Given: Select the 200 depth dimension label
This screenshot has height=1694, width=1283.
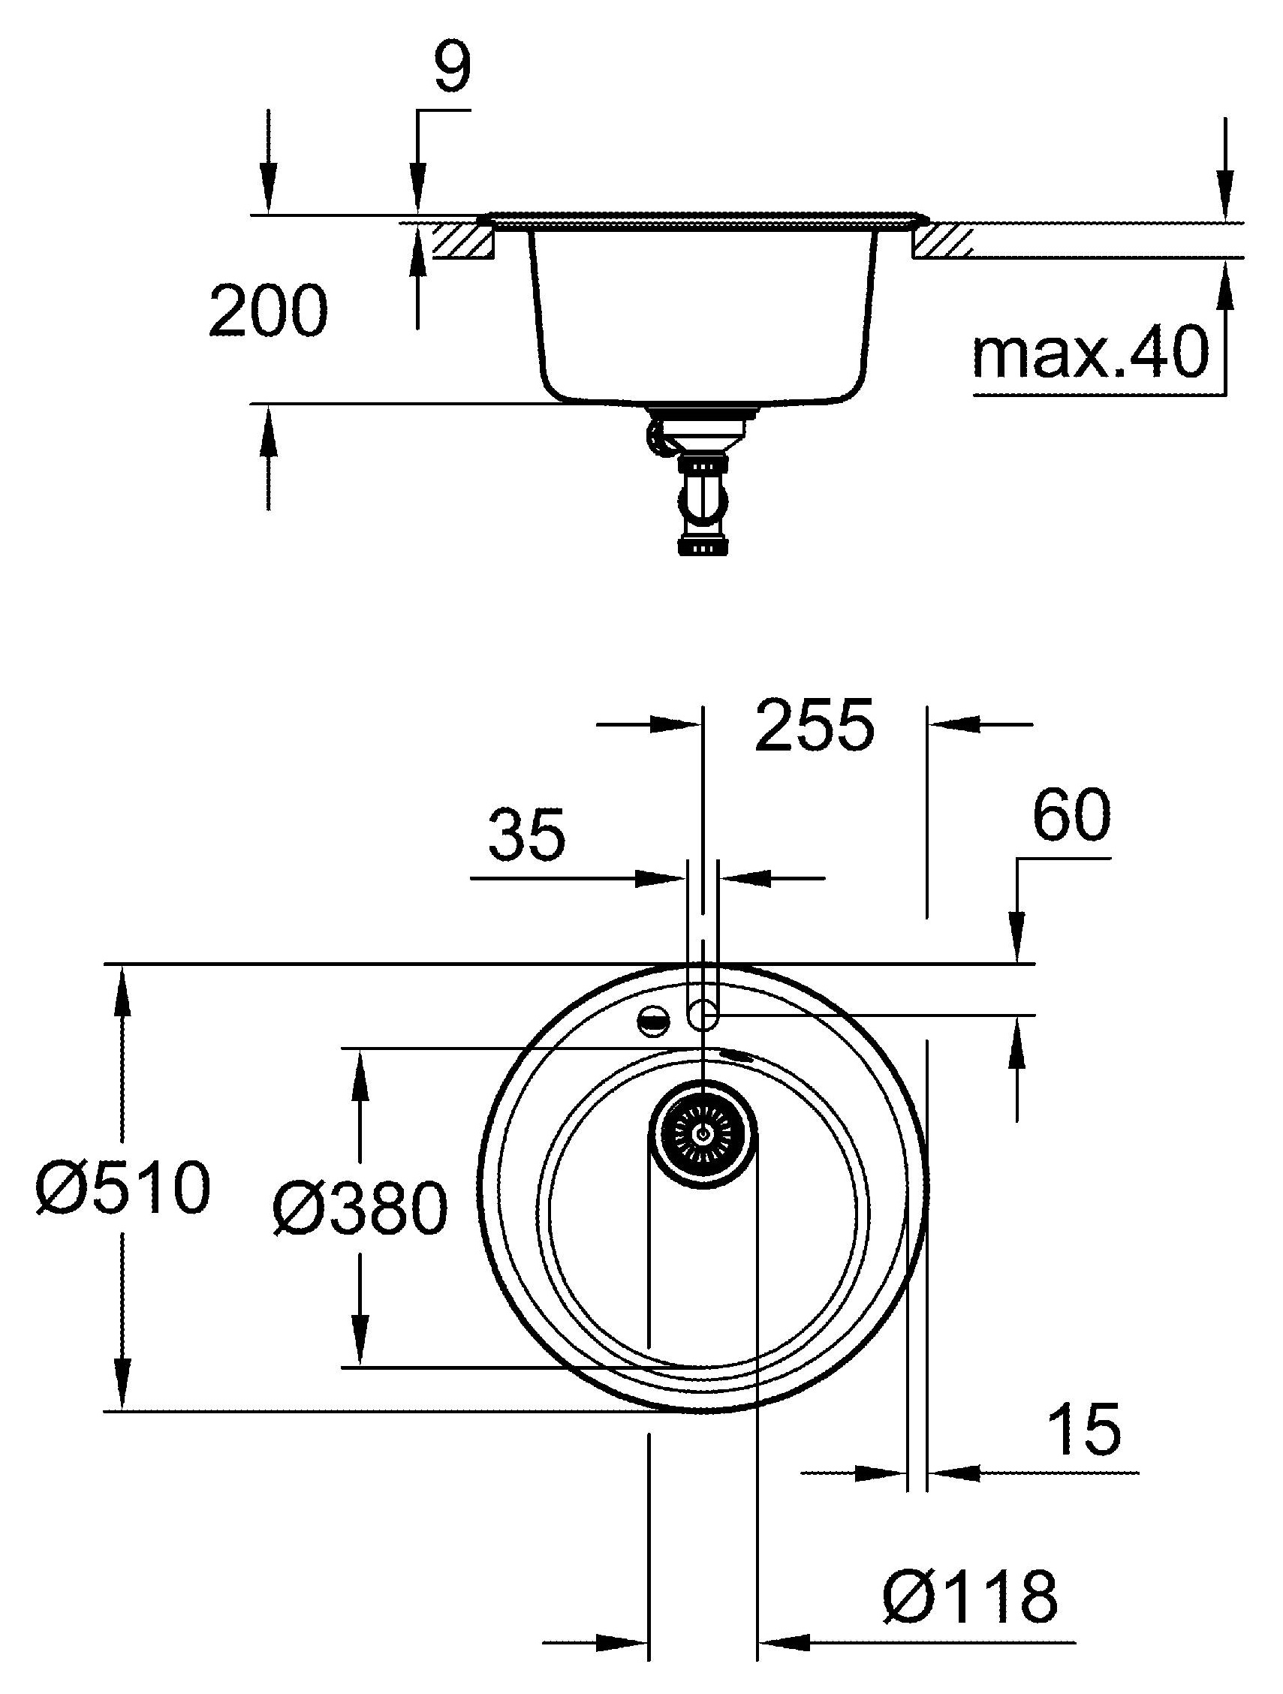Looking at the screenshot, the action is click(x=268, y=310).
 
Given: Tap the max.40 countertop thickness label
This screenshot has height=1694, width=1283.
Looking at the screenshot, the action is click(x=1090, y=352).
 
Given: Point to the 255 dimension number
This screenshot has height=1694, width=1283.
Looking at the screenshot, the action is click(x=815, y=724).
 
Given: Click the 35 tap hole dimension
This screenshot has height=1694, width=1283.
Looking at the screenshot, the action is click(x=527, y=833).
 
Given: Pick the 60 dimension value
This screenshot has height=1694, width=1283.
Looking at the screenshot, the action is click(x=1071, y=816).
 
